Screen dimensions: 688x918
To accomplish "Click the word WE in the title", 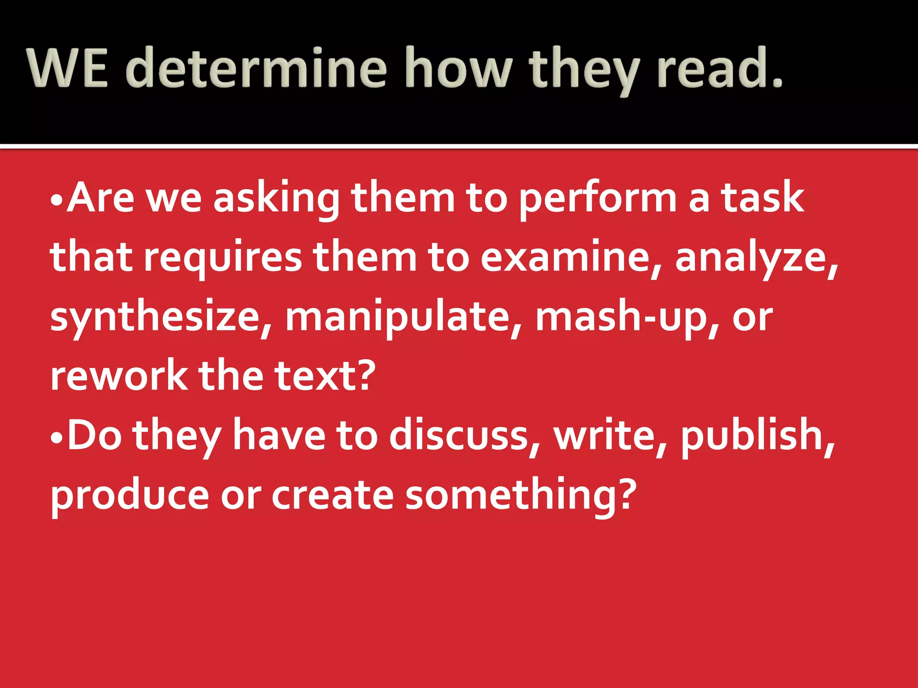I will (x=68, y=68).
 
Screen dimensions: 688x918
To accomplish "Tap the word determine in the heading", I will (x=255, y=68).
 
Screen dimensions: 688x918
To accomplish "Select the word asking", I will (x=276, y=199).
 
